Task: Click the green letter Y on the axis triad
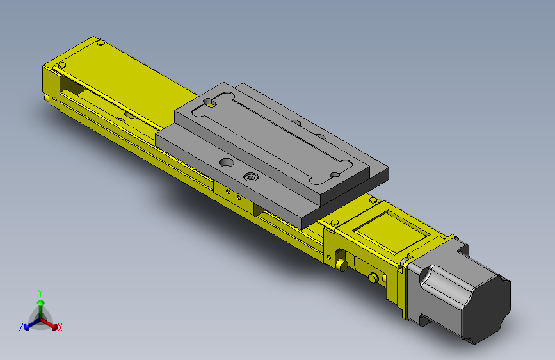click(40, 293)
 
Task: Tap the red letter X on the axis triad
click(60, 328)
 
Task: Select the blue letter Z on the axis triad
click(21, 327)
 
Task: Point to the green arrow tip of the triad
click(41, 302)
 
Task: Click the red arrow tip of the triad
click(54, 327)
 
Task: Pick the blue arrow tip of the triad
click(26, 327)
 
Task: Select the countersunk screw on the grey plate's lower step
click(251, 177)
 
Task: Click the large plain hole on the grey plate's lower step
click(227, 163)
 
